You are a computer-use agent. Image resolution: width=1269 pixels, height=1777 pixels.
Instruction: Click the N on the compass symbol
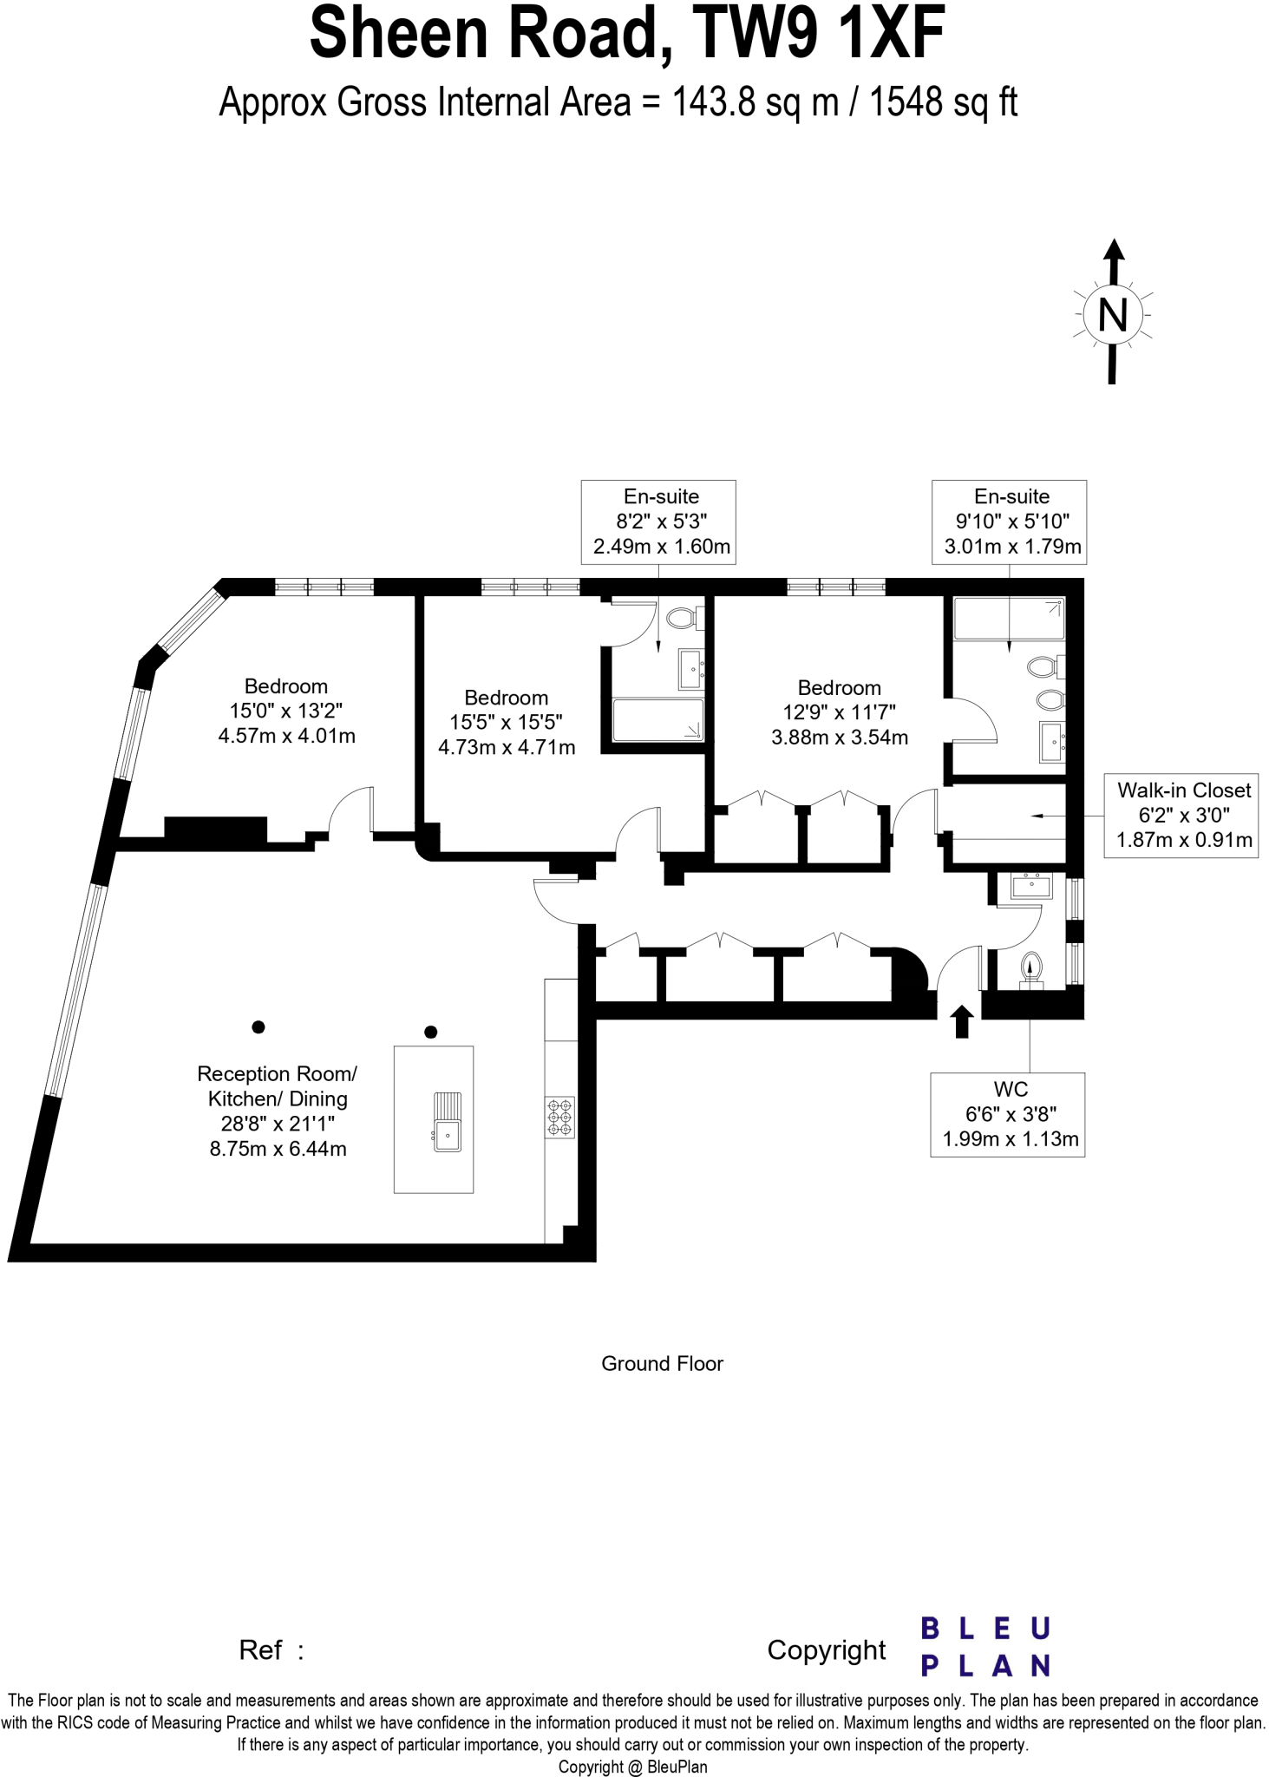pyautogui.click(x=1112, y=315)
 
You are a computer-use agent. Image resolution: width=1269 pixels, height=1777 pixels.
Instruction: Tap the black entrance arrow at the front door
pyautogui.click(x=961, y=1021)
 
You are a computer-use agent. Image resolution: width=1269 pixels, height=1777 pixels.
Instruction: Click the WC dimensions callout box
pyautogui.click(x=1008, y=1115)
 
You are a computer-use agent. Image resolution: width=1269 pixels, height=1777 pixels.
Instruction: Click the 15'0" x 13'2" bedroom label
pyautogui.click(x=286, y=711)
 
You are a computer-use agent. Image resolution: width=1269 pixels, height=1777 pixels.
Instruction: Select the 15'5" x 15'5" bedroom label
pyautogui.click(x=507, y=722)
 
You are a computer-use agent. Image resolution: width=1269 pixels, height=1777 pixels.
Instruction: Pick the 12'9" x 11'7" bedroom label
pyautogui.click(x=840, y=712)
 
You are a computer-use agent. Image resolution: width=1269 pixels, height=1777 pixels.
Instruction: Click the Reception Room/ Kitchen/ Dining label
pyautogui.click(x=278, y=1111)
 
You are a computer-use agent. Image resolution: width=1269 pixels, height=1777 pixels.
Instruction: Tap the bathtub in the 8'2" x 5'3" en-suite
pyautogui.click(x=657, y=720)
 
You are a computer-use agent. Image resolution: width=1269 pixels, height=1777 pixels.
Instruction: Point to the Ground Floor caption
pyautogui.click(x=662, y=1363)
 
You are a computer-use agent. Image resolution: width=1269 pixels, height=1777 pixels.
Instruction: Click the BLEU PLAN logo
pyautogui.click(x=985, y=1646)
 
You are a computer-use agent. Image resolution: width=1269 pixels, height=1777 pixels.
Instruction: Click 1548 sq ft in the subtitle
pyautogui.click(x=943, y=102)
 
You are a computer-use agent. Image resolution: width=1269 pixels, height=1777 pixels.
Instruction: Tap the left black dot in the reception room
pyautogui.click(x=258, y=1026)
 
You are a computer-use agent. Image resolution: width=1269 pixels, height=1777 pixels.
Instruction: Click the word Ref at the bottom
pyautogui.click(x=261, y=1649)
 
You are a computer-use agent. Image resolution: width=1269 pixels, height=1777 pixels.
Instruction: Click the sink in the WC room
pyautogui.click(x=1031, y=887)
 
